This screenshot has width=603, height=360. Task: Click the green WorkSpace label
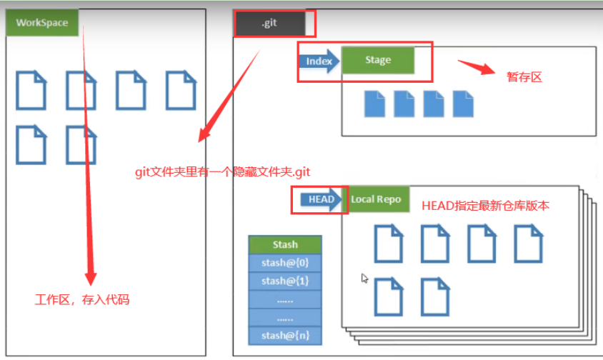(41, 23)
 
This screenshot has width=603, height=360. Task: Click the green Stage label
(378, 60)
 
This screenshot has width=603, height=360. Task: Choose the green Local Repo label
(376, 199)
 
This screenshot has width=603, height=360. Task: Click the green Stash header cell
(284, 245)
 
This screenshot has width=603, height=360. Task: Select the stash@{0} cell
(284, 263)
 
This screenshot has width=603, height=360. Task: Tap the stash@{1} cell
(284, 281)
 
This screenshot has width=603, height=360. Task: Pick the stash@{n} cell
(284, 336)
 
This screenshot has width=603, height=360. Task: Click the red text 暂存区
(524, 77)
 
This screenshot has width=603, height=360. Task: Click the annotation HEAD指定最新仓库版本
(485, 206)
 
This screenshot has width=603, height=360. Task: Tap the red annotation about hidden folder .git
(224, 172)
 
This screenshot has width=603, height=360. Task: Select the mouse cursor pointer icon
(365, 278)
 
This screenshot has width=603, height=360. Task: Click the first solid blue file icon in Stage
(374, 104)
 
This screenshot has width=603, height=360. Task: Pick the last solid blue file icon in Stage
(463, 104)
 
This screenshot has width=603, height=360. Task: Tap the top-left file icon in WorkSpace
(31, 90)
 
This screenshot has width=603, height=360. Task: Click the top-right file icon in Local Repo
(529, 244)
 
